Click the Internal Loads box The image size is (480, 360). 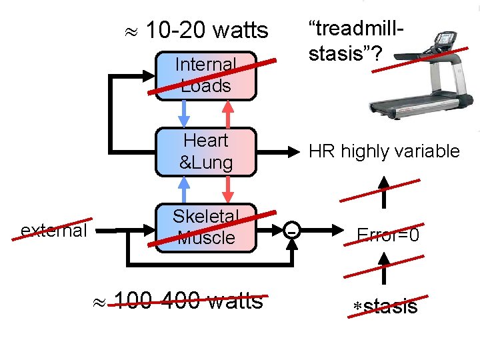(205, 76)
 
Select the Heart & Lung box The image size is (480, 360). (205, 152)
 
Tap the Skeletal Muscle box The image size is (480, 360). (205, 227)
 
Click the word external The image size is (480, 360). (54, 231)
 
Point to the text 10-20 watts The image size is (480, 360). (207, 30)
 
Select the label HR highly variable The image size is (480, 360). (384, 151)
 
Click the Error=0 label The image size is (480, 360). (388, 234)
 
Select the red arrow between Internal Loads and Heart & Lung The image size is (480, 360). (227, 113)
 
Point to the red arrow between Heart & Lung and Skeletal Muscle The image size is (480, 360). (227, 189)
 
